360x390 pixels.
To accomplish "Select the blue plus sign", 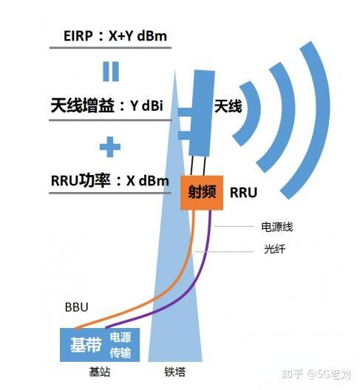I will point(110,146).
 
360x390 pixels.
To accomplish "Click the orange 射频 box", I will point(200,192).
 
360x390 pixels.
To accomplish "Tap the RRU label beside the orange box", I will point(243,193).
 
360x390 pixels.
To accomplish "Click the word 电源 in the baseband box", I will point(120,336).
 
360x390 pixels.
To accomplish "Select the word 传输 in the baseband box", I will point(120,352).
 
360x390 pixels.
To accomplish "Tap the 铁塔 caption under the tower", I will point(176,373).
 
